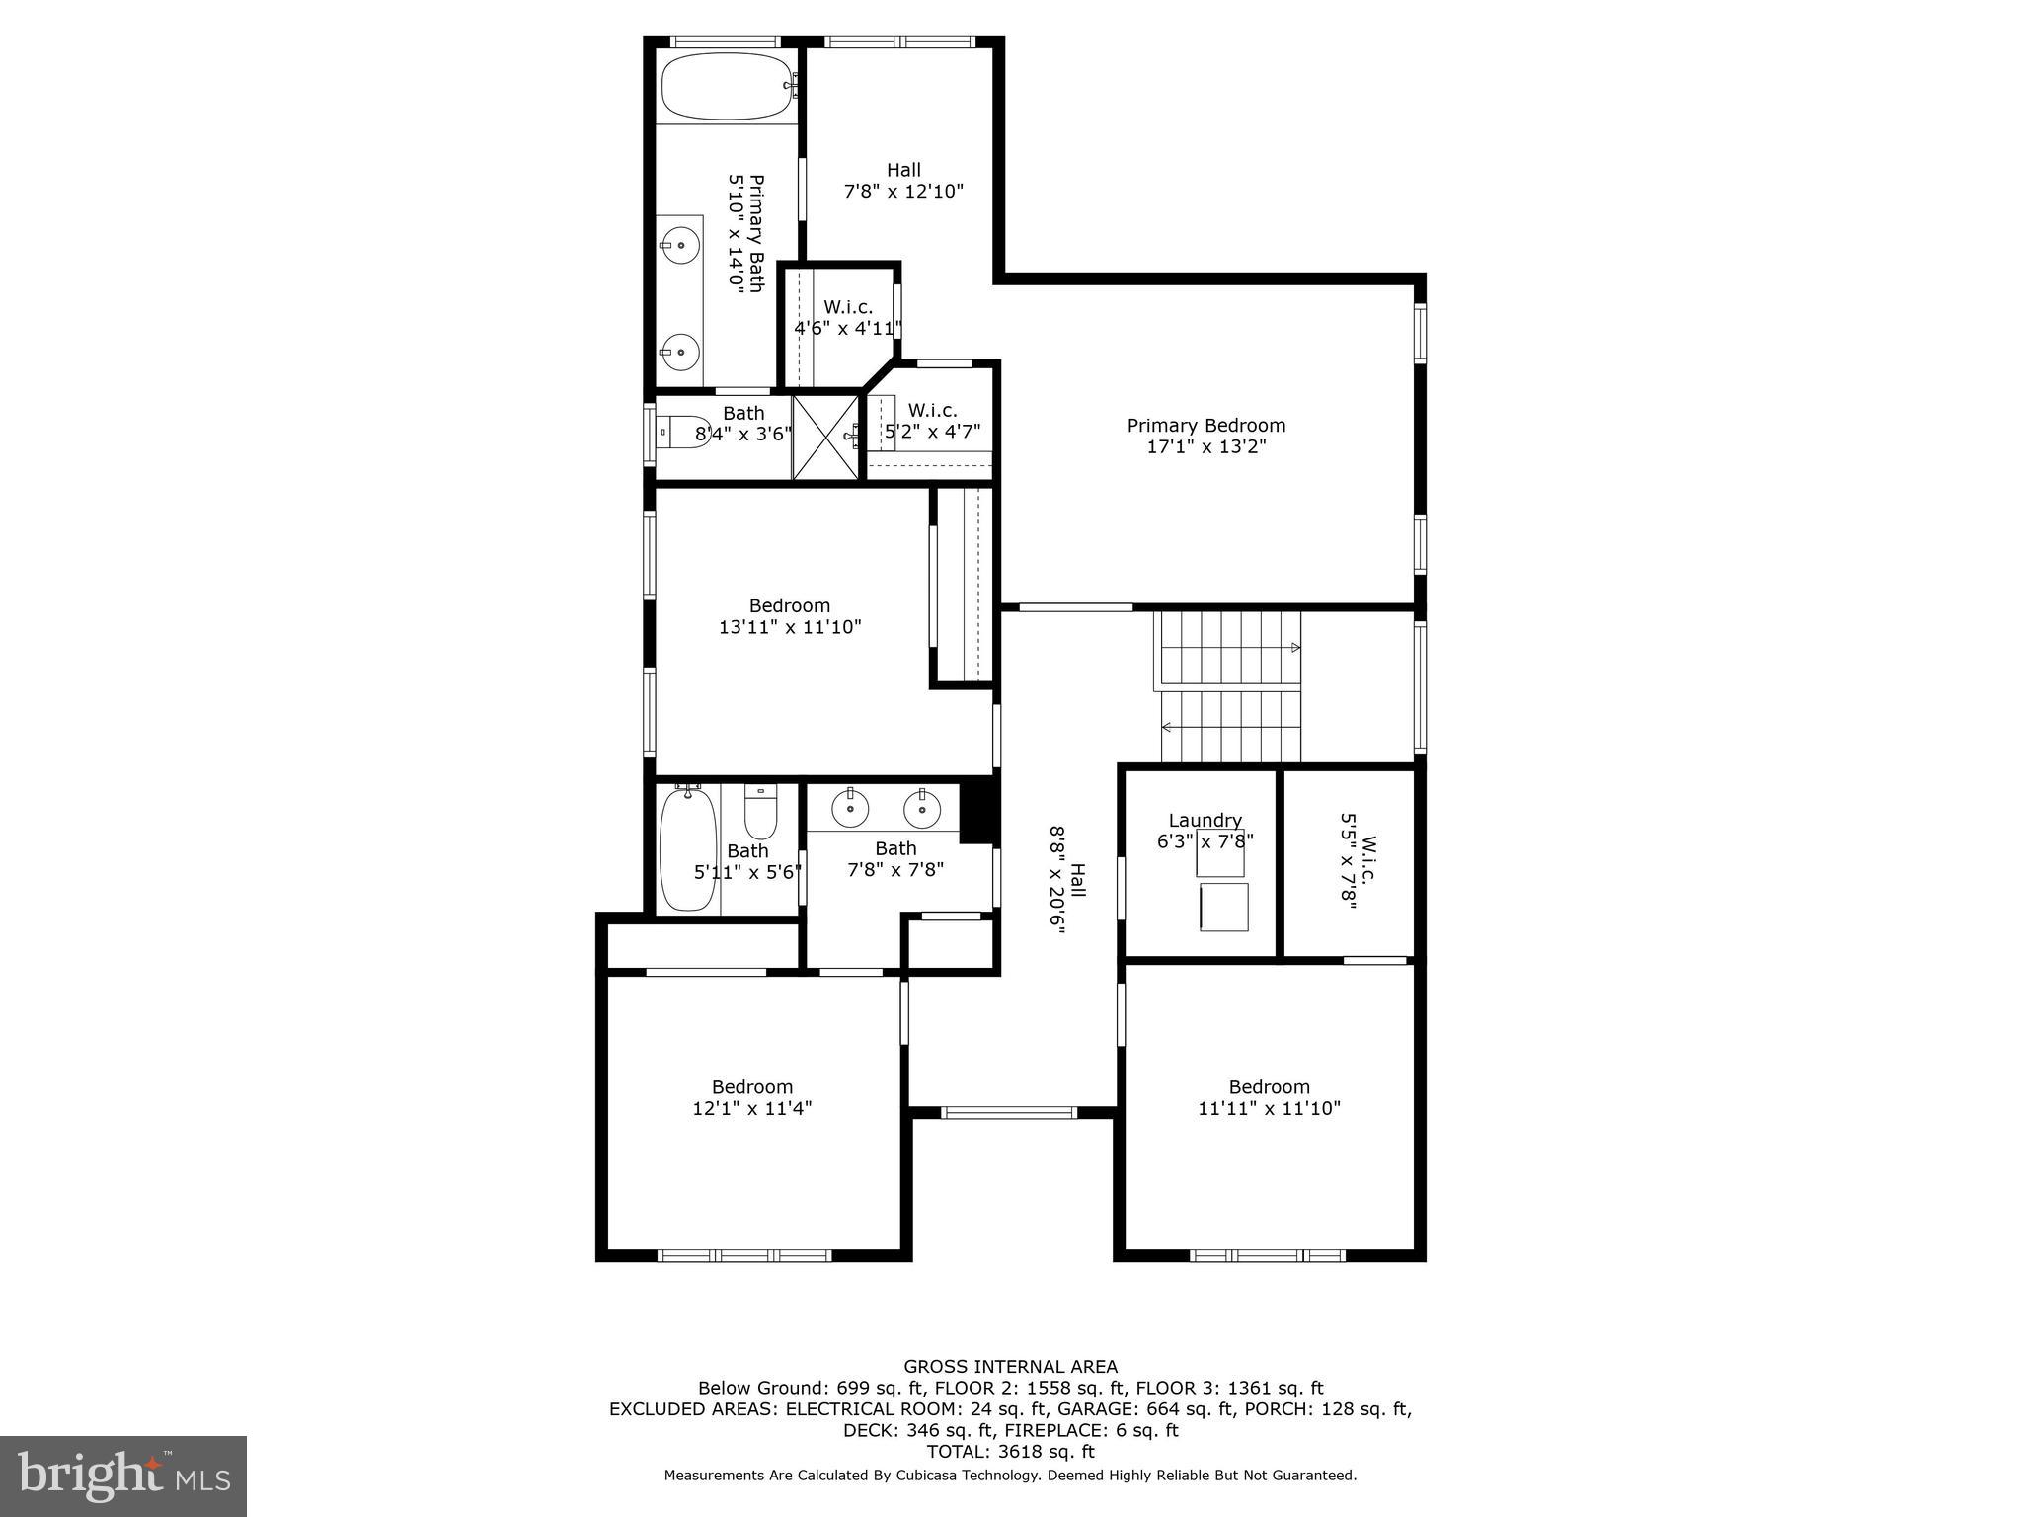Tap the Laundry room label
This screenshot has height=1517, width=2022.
[x=1205, y=821]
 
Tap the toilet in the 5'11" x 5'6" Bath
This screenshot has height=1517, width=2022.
[x=760, y=812]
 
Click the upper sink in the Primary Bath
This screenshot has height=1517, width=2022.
[x=679, y=244]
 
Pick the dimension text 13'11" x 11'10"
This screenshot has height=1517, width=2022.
[x=790, y=627]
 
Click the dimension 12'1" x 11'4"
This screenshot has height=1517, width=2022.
[x=752, y=1109]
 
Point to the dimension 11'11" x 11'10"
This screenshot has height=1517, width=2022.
[x=1269, y=1109]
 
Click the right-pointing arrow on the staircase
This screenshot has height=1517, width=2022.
[x=1295, y=648]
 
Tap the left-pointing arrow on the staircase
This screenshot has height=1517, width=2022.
[x=1167, y=728]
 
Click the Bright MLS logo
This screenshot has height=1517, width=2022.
[x=123, y=1476]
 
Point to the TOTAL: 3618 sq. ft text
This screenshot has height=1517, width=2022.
[x=1010, y=1452]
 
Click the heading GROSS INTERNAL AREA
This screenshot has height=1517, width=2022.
[x=1010, y=1367]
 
